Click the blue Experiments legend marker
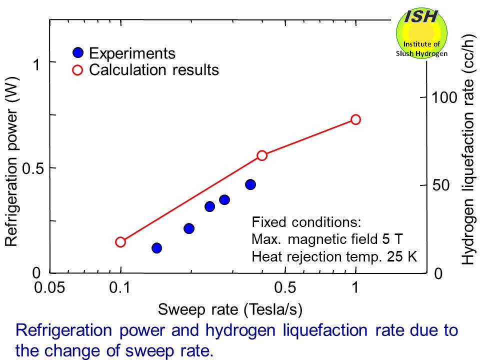[x=77, y=53]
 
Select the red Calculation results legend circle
[x=77, y=69]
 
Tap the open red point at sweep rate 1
[x=355, y=119]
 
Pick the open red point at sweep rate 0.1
[x=120, y=242]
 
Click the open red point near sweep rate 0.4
[x=262, y=155]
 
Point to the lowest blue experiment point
[x=156, y=248]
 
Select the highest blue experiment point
[x=250, y=184]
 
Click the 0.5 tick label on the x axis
[x=285, y=288]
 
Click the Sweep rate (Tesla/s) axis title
[x=230, y=310]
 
